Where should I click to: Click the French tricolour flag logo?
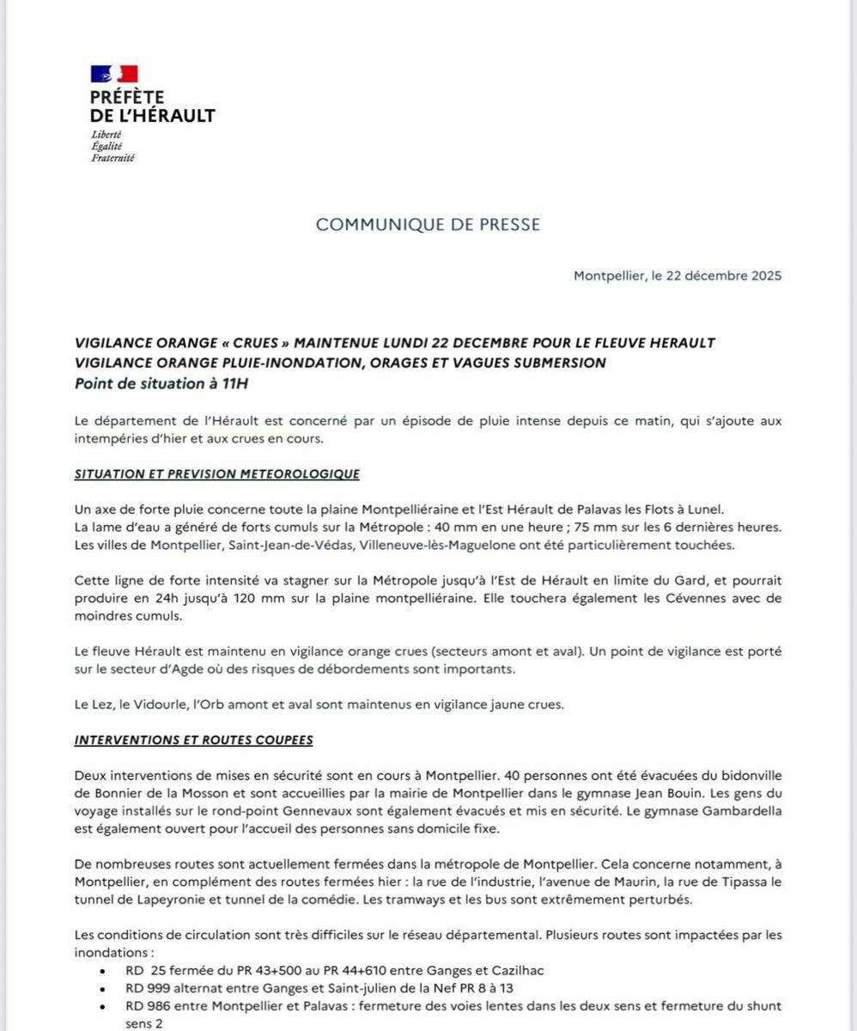114,75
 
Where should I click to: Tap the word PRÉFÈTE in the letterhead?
127,98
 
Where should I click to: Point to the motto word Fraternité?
112,158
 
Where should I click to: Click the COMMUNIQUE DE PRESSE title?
428,224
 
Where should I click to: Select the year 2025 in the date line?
763,276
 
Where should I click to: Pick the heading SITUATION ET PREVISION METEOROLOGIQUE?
217,474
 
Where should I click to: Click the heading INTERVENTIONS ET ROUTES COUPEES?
193,740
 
